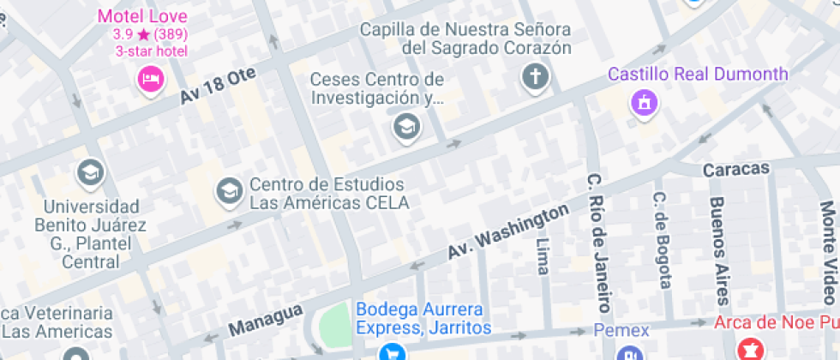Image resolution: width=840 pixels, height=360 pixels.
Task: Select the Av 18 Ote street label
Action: (219, 87)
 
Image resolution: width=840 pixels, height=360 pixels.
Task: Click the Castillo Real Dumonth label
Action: (697, 74)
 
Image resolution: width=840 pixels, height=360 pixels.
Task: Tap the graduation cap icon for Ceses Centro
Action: (405, 128)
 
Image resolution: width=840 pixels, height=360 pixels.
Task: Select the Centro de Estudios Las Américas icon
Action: (229, 191)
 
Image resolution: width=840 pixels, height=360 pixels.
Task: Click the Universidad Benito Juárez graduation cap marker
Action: (90, 172)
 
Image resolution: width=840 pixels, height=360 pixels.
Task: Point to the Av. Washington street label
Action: (508, 232)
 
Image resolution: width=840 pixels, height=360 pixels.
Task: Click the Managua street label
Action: (266, 320)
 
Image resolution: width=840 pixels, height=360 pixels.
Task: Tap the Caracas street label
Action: (735, 169)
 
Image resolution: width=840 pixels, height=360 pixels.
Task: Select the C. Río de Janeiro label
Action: (599, 243)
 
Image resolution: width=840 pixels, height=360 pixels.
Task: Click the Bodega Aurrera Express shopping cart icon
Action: (392, 351)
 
